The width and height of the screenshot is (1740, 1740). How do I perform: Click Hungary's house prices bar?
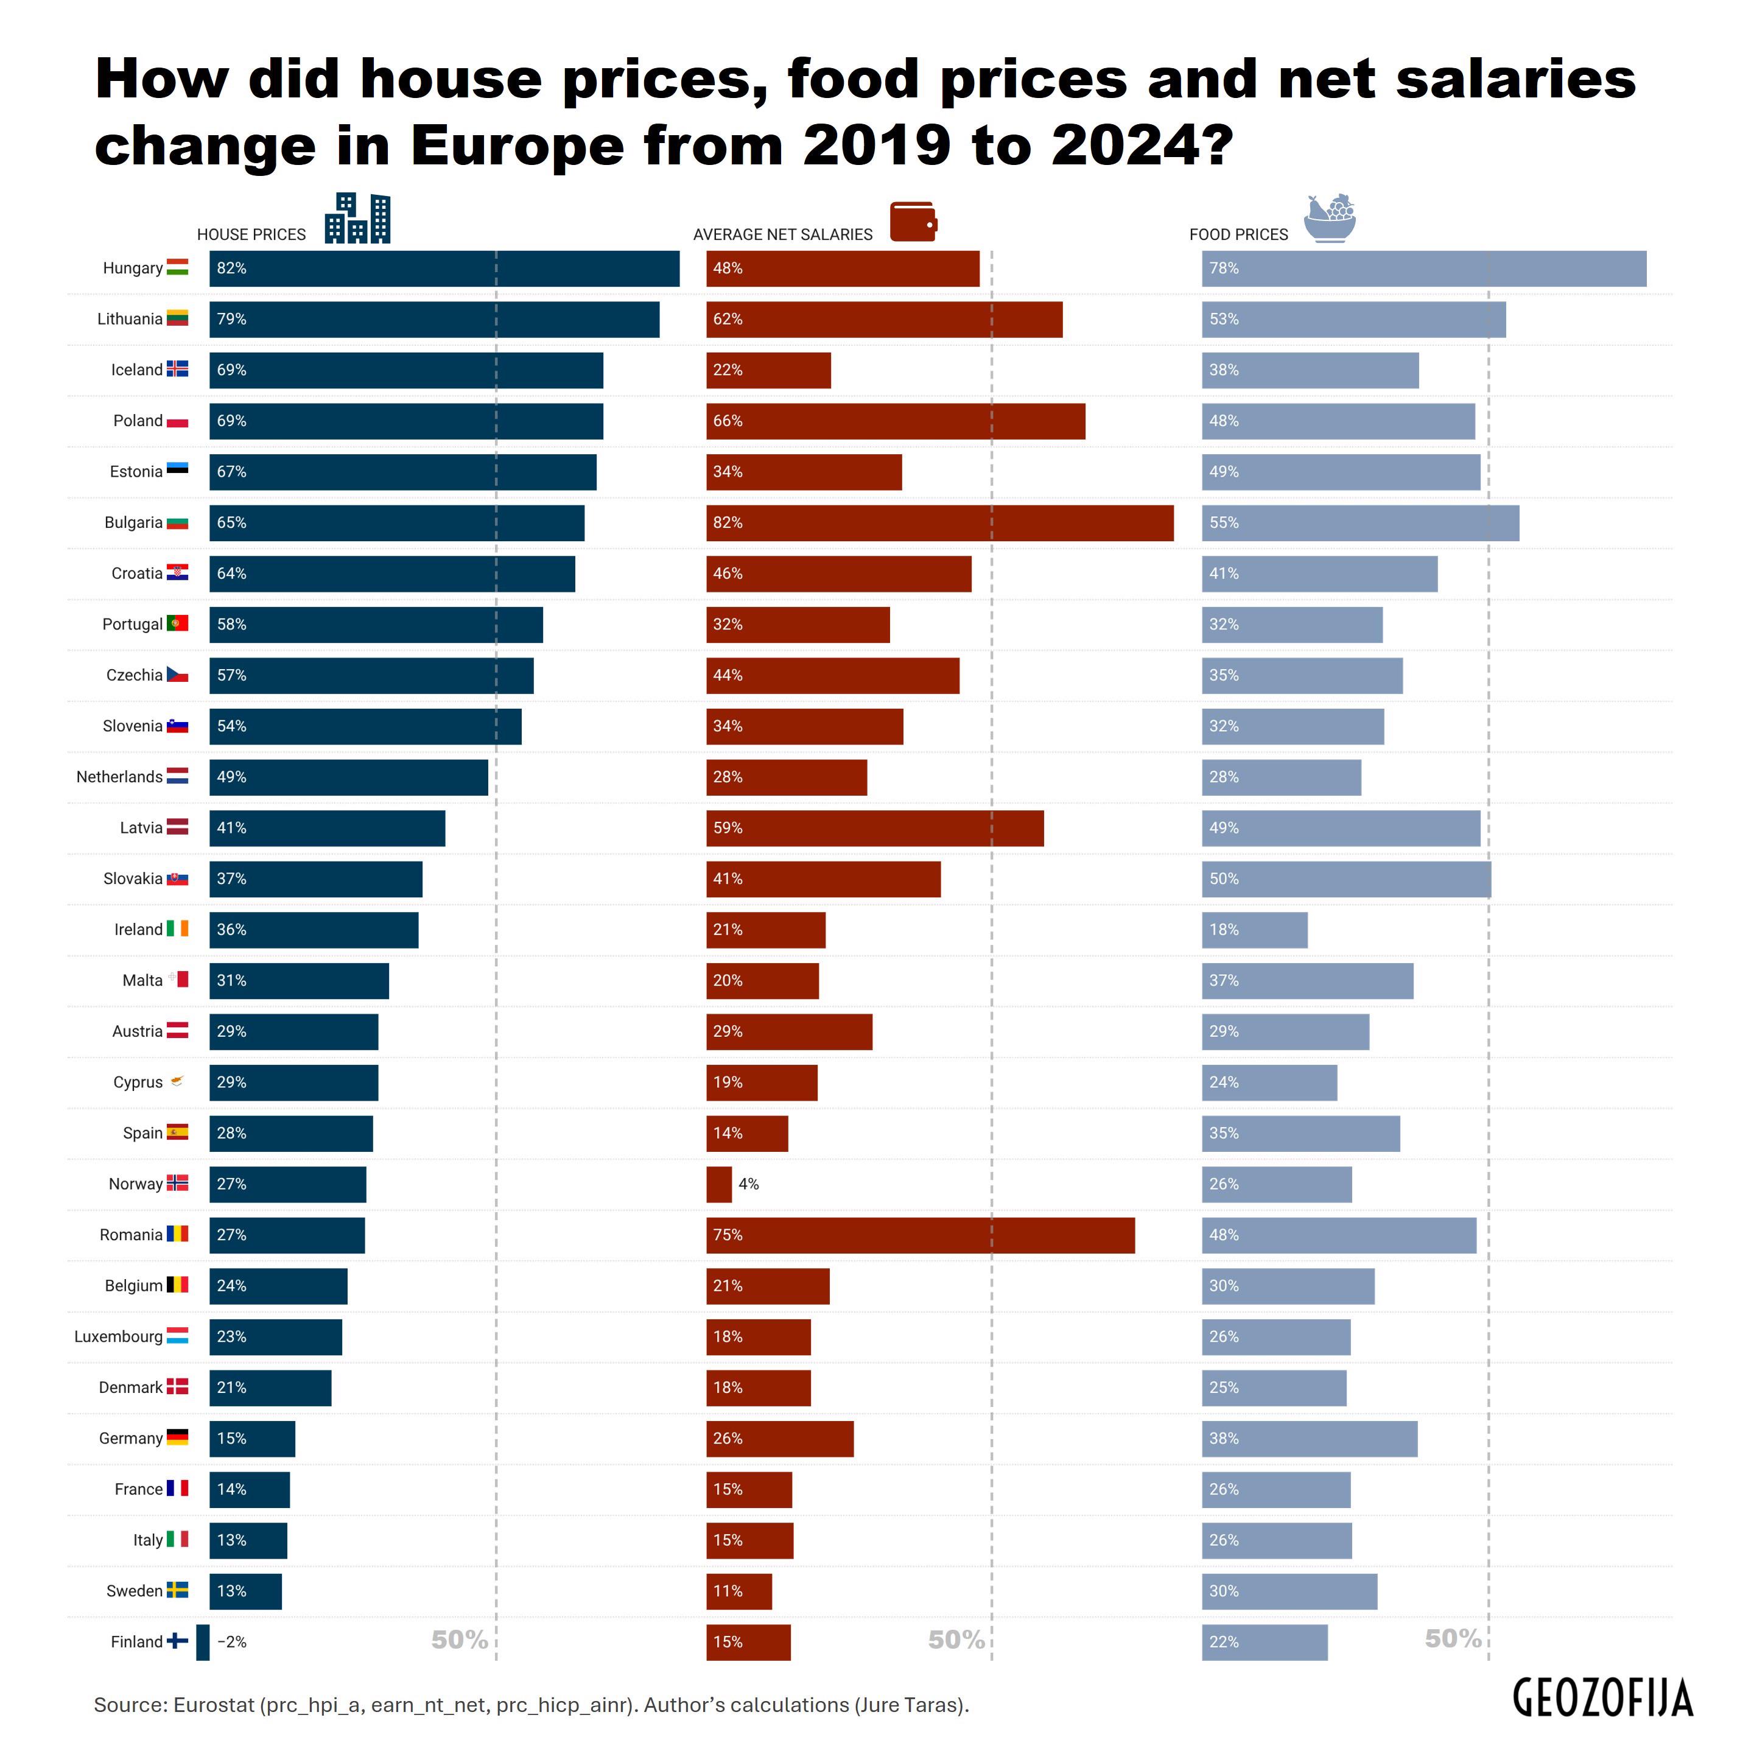coord(444,268)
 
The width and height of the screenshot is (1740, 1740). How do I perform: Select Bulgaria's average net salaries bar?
coord(939,523)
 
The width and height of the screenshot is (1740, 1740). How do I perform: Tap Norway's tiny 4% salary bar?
coord(718,1184)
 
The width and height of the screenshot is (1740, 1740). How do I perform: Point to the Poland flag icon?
coord(177,421)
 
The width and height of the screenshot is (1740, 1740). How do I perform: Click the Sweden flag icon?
coord(177,1590)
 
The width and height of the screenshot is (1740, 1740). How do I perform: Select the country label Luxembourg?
coord(118,1336)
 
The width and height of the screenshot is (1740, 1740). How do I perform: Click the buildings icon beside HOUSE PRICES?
coord(357,218)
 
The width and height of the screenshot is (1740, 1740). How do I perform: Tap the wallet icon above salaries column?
coord(913,222)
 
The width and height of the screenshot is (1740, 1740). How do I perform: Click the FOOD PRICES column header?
coord(1238,235)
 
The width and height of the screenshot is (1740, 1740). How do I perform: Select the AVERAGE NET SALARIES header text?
coord(783,235)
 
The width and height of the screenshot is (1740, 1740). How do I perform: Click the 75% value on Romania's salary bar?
coord(728,1235)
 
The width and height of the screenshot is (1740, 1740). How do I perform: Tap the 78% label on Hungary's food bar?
coord(1224,268)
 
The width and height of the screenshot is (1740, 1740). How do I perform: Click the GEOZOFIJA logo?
coord(1602,1697)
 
